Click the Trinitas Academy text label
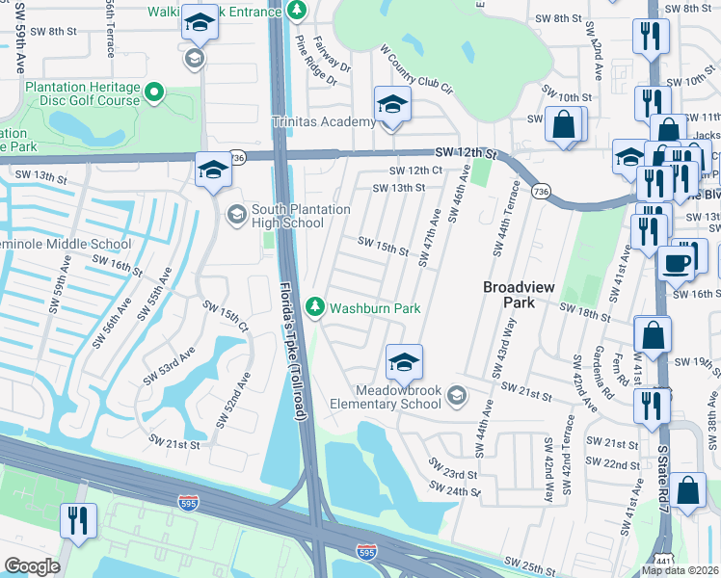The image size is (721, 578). [323, 121]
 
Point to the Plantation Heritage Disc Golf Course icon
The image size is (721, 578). [152, 92]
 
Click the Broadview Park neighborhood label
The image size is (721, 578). [515, 294]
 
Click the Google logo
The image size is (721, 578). [32, 565]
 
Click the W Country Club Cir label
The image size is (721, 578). [415, 67]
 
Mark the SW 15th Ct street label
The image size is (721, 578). [225, 315]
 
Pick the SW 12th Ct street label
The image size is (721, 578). [414, 170]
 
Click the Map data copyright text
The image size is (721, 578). [681, 570]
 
